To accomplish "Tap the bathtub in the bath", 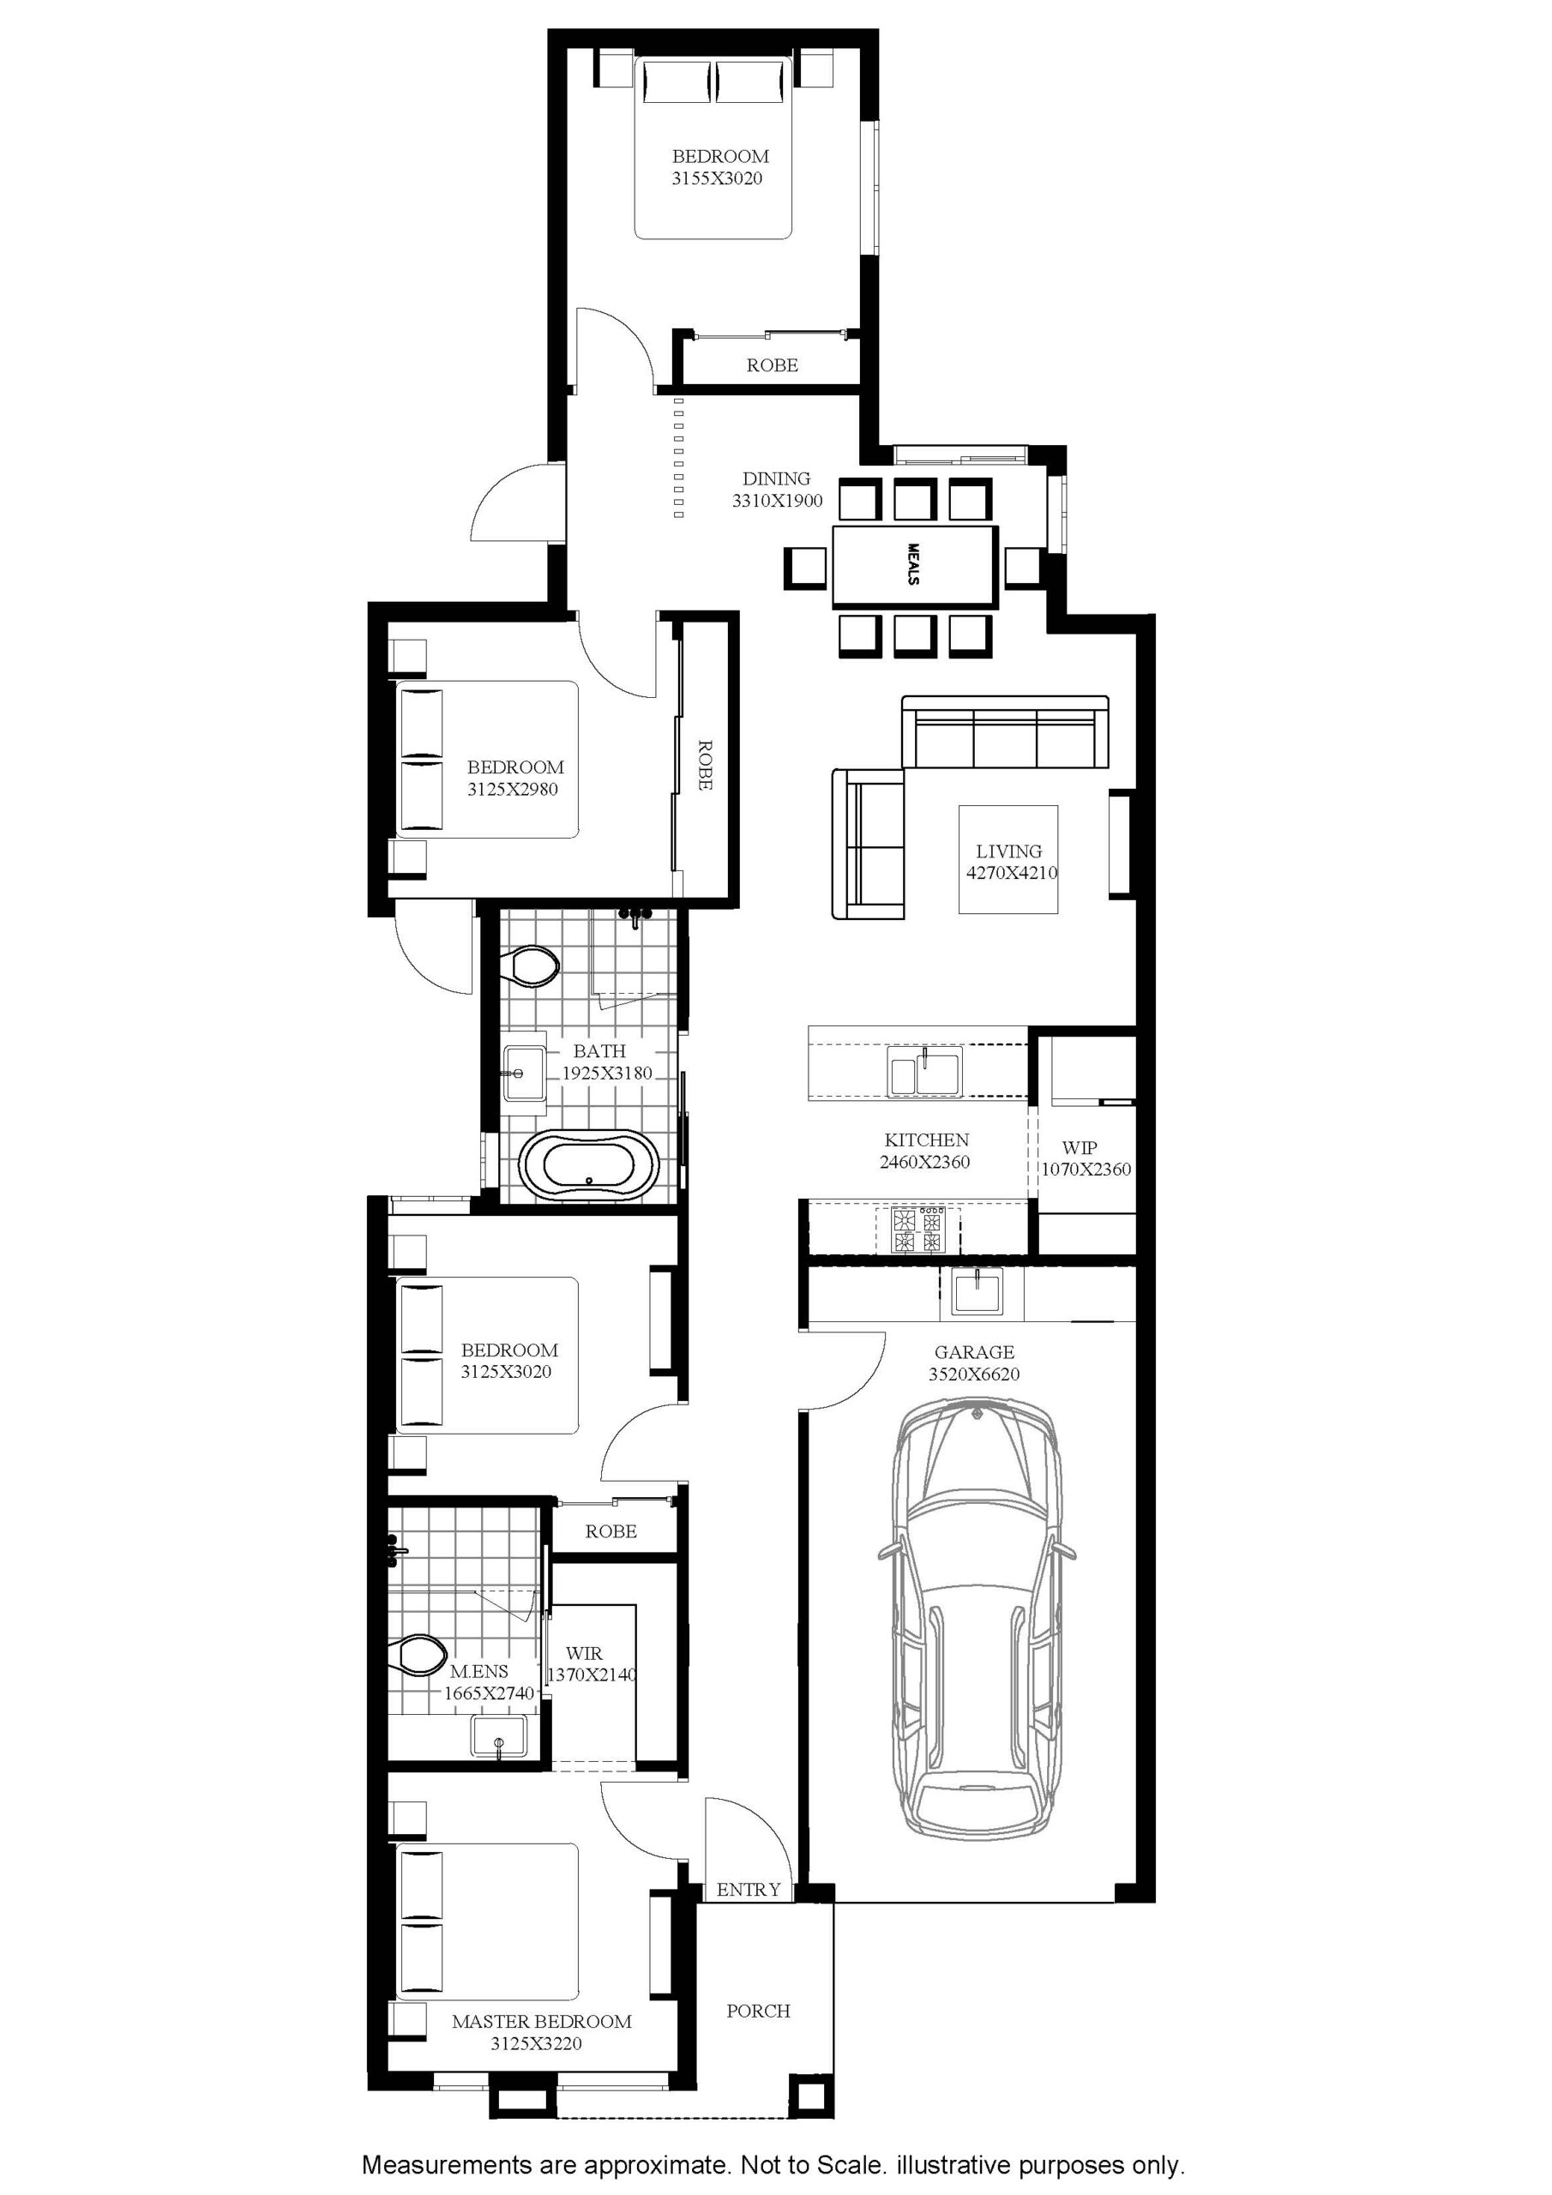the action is click(x=589, y=1165).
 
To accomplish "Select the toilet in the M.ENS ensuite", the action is click(x=418, y=1654).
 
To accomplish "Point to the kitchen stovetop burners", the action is click(x=917, y=1230).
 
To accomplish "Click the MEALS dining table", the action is click(x=915, y=566).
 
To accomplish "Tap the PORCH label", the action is click(x=758, y=2011).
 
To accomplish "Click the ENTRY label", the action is click(x=749, y=1889).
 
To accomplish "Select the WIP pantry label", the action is click(x=1079, y=1147).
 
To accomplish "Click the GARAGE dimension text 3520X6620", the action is click(x=973, y=1374).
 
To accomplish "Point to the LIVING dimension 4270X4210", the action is click(x=1012, y=872).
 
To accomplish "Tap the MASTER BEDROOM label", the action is click(x=541, y=2021).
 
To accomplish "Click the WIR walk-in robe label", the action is click(x=584, y=1653).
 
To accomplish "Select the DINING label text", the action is click(x=777, y=478).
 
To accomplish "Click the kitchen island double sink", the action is click(x=924, y=1073).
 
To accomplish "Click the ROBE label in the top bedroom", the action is click(x=772, y=365).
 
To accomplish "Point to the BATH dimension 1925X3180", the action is click(x=606, y=1073).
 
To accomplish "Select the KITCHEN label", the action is click(x=927, y=1140).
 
